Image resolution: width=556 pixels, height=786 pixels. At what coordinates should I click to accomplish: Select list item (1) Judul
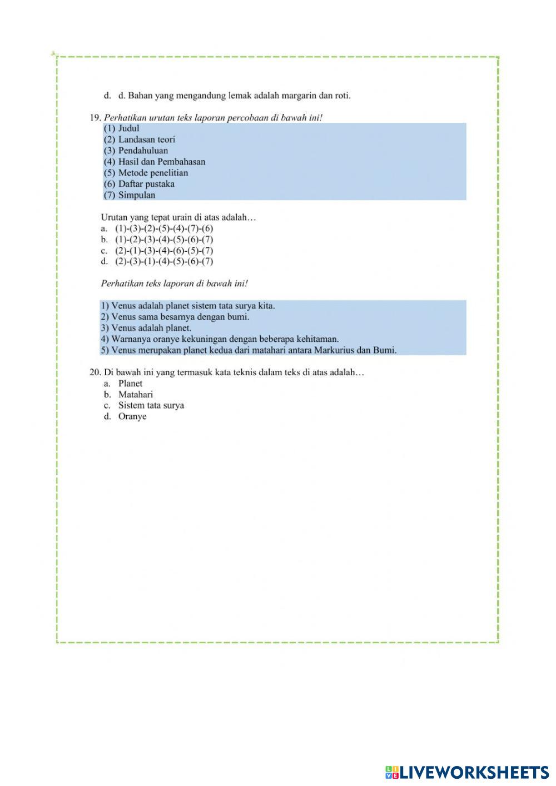coord(122,128)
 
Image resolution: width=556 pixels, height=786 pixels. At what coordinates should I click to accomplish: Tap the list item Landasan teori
coord(146,140)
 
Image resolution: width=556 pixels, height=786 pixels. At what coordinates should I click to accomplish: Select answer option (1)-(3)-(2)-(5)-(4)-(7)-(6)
coord(164,228)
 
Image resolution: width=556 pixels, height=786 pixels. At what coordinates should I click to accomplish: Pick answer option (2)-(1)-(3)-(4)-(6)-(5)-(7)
coord(164,251)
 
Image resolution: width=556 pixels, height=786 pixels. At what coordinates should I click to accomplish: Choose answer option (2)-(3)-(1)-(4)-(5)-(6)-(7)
coord(164,261)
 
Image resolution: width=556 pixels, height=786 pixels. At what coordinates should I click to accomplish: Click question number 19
coord(95,117)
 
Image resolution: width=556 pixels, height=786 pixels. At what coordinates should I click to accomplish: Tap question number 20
coord(95,372)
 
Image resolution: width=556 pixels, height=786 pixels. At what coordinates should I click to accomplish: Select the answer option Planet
coord(130,384)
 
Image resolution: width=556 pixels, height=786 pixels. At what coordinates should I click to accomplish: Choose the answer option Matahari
coord(136,395)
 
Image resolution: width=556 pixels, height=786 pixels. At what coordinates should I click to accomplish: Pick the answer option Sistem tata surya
coord(151,405)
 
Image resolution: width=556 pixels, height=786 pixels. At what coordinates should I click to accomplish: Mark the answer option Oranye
coord(132,416)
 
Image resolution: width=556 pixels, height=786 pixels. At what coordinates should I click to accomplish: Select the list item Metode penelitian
coord(153,173)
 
